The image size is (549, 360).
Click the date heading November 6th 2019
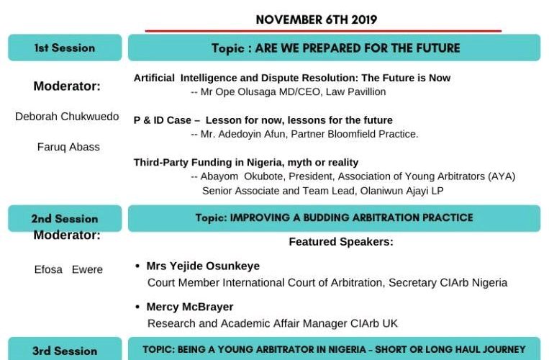pyautogui.click(x=317, y=19)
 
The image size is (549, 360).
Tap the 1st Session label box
pyautogui.click(x=65, y=48)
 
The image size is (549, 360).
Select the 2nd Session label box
pyautogui.click(x=65, y=218)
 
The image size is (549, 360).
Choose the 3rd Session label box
pyautogui.click(x=65, y=348)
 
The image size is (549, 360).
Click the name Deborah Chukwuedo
pyautogui.click(x=67, y=116)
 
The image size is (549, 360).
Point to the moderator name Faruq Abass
pyautogui.click(x=68, y=147)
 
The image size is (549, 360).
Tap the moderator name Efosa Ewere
pyautogui.click(x=68, y=269)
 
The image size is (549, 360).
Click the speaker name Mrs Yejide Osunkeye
pyautogui.click(x=203, y=266)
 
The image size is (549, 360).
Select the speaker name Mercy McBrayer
pyautogui.click(x=190, y=307)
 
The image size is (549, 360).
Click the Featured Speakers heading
pyautogui.click(x=341, y=242)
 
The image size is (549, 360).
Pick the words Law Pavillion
pyautogui.click(x=355, y=91)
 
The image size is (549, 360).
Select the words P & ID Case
pyautogui.click(x=163, y=120)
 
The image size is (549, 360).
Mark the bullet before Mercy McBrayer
pyautogui.click(x=137, y=307)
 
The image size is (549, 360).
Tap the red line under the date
pyautogui.click(x=323, y=31)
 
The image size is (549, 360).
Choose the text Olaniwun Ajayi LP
pyautogui.click(x=402, y=191)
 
